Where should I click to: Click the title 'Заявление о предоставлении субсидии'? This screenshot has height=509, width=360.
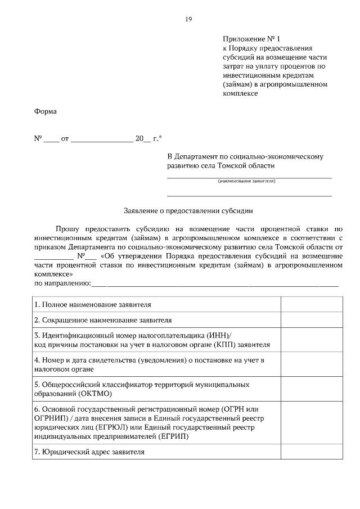pos(188,211)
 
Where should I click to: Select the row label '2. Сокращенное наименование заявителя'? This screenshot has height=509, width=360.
pos(102,320)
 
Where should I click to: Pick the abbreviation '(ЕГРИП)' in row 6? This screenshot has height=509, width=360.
pos(173,436)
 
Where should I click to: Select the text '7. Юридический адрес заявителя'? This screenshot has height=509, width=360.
pos(89,452)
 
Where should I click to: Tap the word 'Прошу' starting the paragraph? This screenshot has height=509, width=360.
pos(67,229)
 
